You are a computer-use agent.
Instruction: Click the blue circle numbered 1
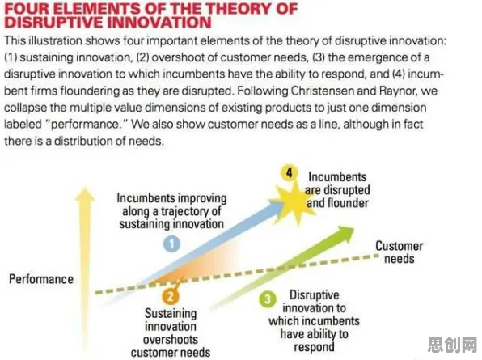click(171, 244)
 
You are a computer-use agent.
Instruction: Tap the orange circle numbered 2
click(171, 296)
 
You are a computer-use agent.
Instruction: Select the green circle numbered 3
click(268, 299)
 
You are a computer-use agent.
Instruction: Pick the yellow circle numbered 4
click(289, 173)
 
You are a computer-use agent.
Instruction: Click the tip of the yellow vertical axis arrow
click(85, 188)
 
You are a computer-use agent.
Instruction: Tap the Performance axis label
click(41, 279)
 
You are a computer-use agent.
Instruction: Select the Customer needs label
click(399, 252)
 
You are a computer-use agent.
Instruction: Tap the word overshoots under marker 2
click(171, 340)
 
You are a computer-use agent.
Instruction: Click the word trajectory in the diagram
click(184, 211)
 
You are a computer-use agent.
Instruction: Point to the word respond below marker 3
click(314, 347)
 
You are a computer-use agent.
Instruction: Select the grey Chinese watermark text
click(452, 345)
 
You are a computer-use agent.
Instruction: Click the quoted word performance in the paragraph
click(87, 125)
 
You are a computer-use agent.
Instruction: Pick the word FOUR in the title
click(27, 9)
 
